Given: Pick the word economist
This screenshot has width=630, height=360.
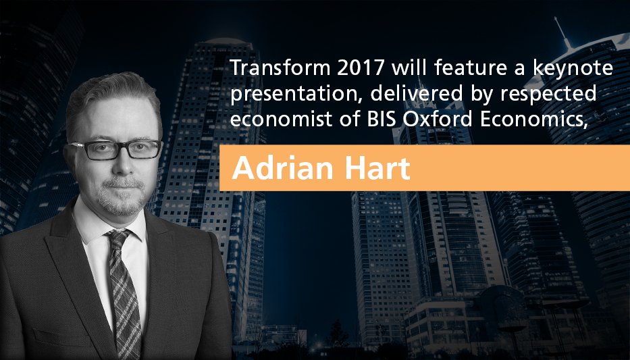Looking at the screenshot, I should point(273,115).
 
